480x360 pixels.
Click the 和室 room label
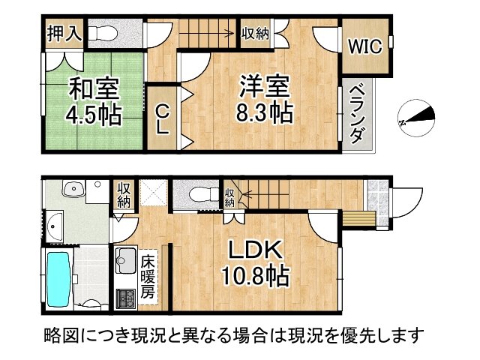pos(94,88)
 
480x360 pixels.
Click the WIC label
pos(364,46)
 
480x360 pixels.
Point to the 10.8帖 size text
pos(254,277)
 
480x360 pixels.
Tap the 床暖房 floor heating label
pos(148,277)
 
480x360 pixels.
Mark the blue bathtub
pos(58,278)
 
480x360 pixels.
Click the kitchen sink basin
pos(124,260)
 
